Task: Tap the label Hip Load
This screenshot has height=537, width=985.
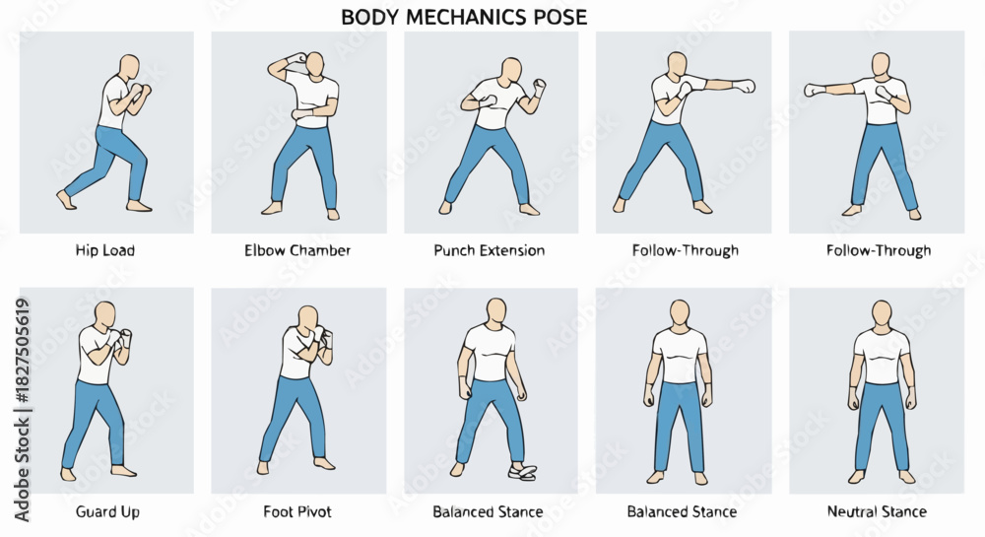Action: (x=105, y=250)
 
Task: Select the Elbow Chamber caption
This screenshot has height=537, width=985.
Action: (x=297, y=250)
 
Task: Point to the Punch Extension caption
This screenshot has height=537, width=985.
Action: (x=489, y=250)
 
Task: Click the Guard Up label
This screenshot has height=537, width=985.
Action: (x=107, y=512)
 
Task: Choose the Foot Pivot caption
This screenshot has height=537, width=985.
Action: (x=297, y=512)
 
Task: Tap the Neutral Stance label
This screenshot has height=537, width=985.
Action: (x=877, y=511)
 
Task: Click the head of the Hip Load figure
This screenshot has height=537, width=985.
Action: (x=130, y=67)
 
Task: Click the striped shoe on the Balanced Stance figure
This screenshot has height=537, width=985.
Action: (x=523, y=472)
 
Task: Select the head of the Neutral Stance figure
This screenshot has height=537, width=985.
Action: (x=882, y=313)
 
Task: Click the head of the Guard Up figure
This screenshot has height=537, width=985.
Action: (x=105, y=314)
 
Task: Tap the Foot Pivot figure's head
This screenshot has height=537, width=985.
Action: (x=307, y=319)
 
